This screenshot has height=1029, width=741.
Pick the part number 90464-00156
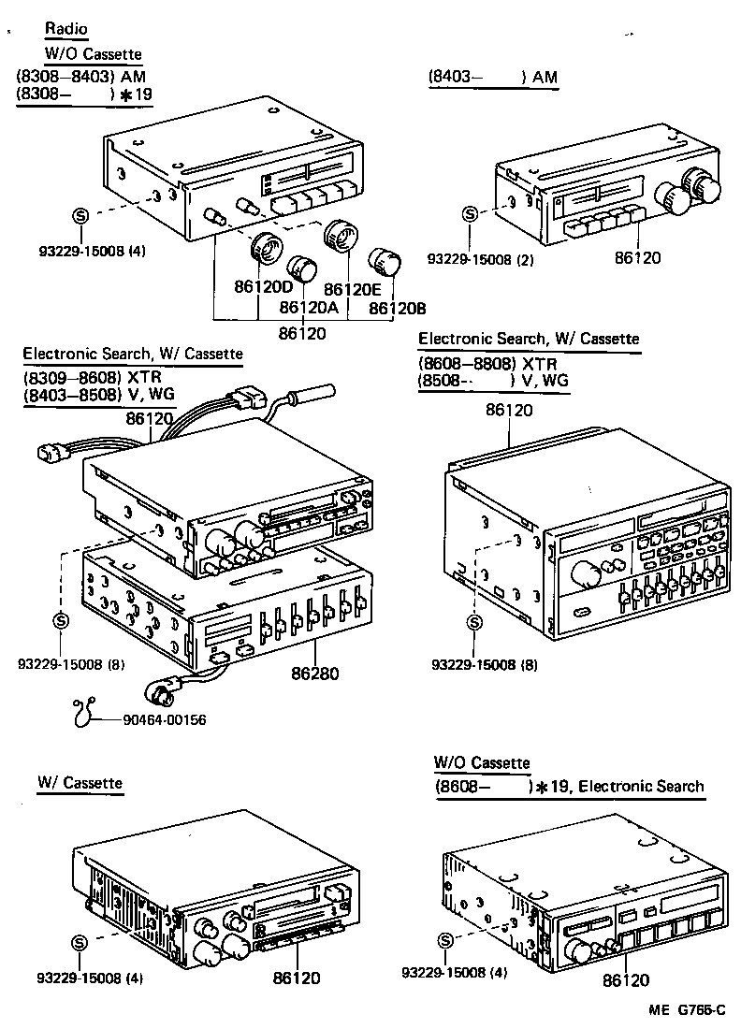coord(164,719)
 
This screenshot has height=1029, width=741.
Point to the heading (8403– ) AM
coord(492,79)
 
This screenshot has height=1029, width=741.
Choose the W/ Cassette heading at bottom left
coord(80,782)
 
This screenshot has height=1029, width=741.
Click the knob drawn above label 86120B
coord(385,263)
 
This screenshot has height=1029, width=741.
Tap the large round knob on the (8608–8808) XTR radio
coord(583,573)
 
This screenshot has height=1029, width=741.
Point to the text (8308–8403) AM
coord(80,76)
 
